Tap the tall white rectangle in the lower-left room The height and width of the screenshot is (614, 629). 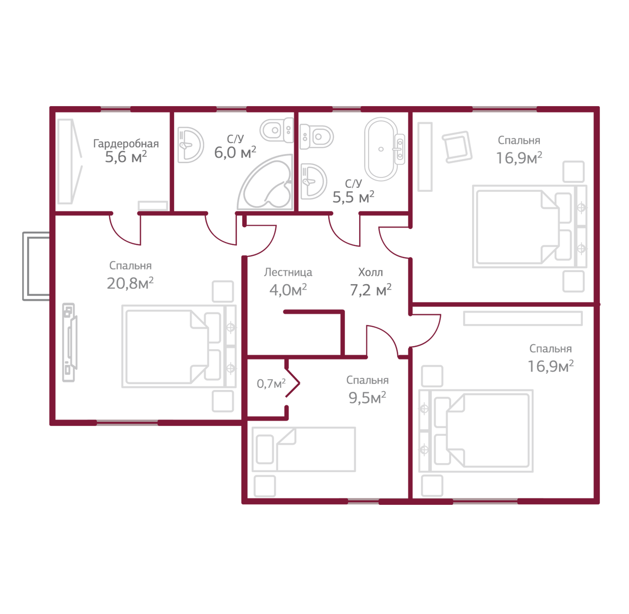pos(92,314)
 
